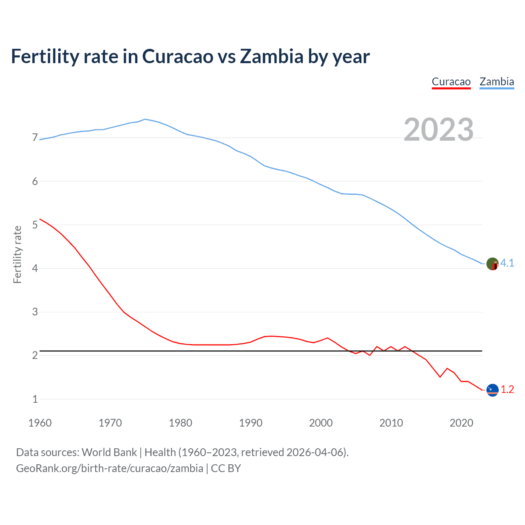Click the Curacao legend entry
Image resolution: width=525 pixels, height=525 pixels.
[451, 82]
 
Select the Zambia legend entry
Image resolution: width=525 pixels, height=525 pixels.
[497, 82]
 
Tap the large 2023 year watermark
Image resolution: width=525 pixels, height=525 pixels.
[438, 130]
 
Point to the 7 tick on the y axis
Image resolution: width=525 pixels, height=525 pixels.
[35, 138]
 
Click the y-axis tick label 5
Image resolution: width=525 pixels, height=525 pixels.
[35, 225]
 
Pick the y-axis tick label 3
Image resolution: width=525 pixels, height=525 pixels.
[35, 312]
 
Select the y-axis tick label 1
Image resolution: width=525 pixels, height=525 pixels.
[35, 399]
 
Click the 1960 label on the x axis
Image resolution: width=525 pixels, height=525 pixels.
[40, 423]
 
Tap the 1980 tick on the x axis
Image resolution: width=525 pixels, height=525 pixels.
[180, 423]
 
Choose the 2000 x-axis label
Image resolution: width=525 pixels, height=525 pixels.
[321, 423]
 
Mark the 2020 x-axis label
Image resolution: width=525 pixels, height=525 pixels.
[461, 423]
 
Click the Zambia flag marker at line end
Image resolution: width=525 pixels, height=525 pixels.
[492, 264]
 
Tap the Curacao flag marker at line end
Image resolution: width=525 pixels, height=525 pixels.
[492, 390]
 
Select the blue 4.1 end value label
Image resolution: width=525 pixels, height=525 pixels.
[507, 263]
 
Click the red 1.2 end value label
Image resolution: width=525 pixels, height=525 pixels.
[507, 390]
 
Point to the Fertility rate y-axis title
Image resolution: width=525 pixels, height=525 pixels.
[17, 254]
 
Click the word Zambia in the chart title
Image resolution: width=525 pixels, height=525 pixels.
[272, 57]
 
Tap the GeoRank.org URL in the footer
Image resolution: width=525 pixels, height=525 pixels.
[110, 468]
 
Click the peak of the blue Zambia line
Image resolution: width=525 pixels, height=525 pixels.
[145, 119]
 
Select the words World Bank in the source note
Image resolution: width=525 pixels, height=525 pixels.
[109, 452]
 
